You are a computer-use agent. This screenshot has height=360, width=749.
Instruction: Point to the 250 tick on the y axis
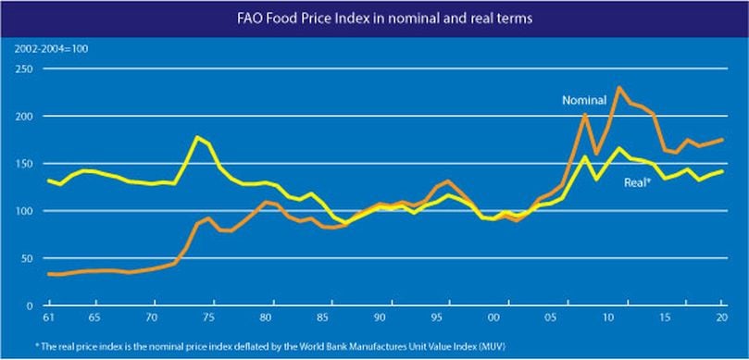click(x=25, y=68)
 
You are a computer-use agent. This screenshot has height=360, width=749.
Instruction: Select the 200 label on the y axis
click(x=25, y=116)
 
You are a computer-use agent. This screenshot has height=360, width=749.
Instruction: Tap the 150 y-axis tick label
click(x=25, y=163)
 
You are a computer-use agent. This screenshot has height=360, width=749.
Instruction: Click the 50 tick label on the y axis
click(x=28, y=258)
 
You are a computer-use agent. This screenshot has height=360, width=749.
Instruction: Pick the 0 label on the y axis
click(x=31, y=305)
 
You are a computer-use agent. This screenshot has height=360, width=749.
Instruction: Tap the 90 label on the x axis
click(x=380, y=317)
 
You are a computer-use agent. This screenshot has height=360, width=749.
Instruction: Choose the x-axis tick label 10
click(x=607, y=317)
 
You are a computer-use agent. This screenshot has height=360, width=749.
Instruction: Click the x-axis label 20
click(x=722, y=317)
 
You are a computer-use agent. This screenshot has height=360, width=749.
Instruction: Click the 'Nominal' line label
click(x=584, y=101)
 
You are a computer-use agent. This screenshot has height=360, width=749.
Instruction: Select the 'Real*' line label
click(x=638, y=182)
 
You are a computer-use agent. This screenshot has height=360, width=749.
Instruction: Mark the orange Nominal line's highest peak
click(x=619, y=87)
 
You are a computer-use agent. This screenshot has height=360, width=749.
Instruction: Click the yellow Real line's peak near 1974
click(x=197, y=137)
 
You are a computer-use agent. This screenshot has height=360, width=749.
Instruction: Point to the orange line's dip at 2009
click(x=596, y=154)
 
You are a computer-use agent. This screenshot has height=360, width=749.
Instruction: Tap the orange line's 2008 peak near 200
click(x=585, y=115)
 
